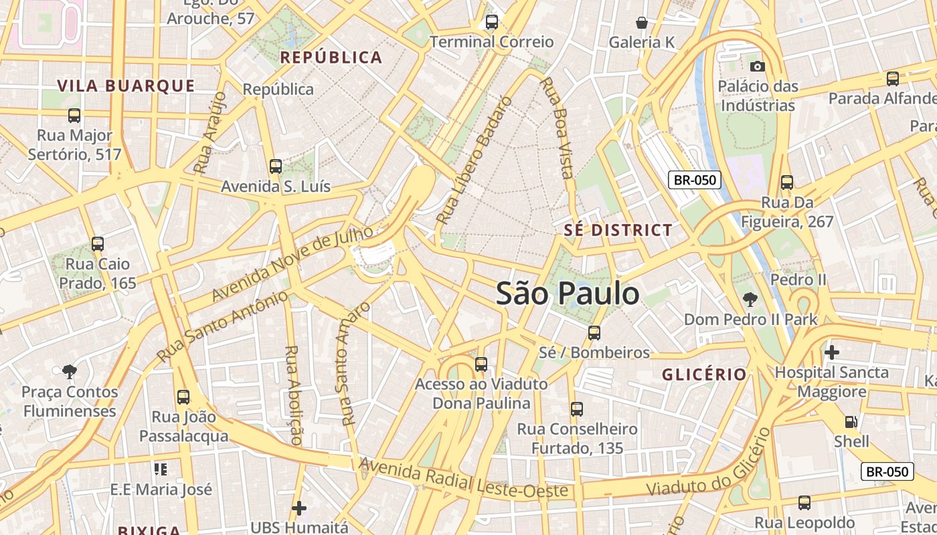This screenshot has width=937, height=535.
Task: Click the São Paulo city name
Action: click(568, 294)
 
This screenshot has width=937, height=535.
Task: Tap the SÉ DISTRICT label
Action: click(618, 230)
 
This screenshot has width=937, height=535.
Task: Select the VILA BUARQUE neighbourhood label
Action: click(126, 86)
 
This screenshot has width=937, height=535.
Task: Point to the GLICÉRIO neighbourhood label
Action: click(704, 374)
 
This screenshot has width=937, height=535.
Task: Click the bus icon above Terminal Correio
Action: click(492, 22)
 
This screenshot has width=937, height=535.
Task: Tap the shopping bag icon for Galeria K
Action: click(642, 23)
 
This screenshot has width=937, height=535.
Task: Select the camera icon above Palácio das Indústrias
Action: click(758, 66)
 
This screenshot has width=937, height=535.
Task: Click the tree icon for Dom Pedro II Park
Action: click(750, 300)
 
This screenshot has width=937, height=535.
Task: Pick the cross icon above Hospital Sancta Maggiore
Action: click(832, 352)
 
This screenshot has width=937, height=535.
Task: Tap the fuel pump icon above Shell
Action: click(851, 421)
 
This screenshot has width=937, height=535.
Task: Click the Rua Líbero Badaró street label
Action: click(474, 160)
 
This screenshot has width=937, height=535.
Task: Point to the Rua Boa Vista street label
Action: click(557, 128)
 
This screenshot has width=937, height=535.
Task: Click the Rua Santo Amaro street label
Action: click(355, 363)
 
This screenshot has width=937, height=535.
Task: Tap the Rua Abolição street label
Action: click(292, 395)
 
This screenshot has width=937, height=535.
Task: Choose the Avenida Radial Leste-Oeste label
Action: click(464, 479)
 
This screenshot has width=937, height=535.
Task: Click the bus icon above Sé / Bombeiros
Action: click(594, 332)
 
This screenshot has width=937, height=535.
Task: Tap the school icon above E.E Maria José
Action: click(160, 469)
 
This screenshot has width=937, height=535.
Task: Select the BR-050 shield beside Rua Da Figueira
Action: click(695, 180)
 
